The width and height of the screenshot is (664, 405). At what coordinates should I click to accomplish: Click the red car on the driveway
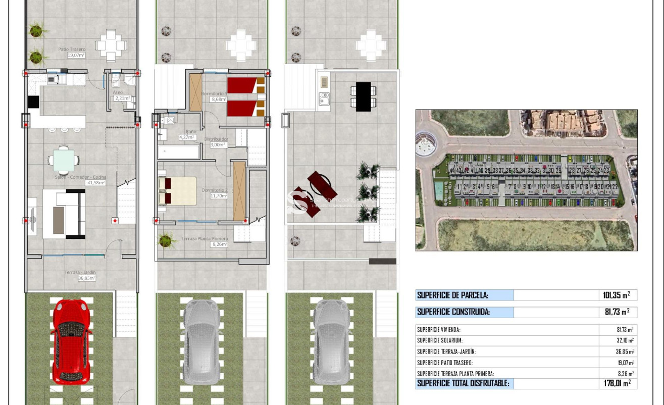pyautogui.click(x=71, y=341)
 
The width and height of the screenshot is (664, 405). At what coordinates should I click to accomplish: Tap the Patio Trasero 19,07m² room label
pyautogui.click(x=72, y=52)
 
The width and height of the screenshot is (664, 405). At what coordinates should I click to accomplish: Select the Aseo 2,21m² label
pyautogui.click(x=121, y=95)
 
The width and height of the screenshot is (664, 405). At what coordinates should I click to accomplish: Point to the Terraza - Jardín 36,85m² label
pyautogui.click(x=80, y=275)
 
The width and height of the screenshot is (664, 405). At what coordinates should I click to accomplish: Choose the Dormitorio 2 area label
pyautogui.click(x=215, y=193)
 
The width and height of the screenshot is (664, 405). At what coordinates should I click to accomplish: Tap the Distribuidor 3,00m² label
pyautogui.click(x=217, y=141)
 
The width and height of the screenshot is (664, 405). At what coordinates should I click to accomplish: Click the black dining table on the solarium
pyautogui.click(x=364, y=96)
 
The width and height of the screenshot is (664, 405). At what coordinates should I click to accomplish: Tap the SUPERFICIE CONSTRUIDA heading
pyautogui.click(x=453, y=312)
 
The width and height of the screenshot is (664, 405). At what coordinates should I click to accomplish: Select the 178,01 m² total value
pyautogui.click(x=617, y=384)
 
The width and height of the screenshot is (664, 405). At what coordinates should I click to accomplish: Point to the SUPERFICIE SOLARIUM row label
pyautogui.click(x=440, y=341)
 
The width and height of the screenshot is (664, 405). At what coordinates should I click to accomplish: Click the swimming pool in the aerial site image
pyautogui.click(x=439, y=191)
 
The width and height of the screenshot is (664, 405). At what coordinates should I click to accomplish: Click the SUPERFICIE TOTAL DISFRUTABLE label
pyautogui.click(x=463, y=384)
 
